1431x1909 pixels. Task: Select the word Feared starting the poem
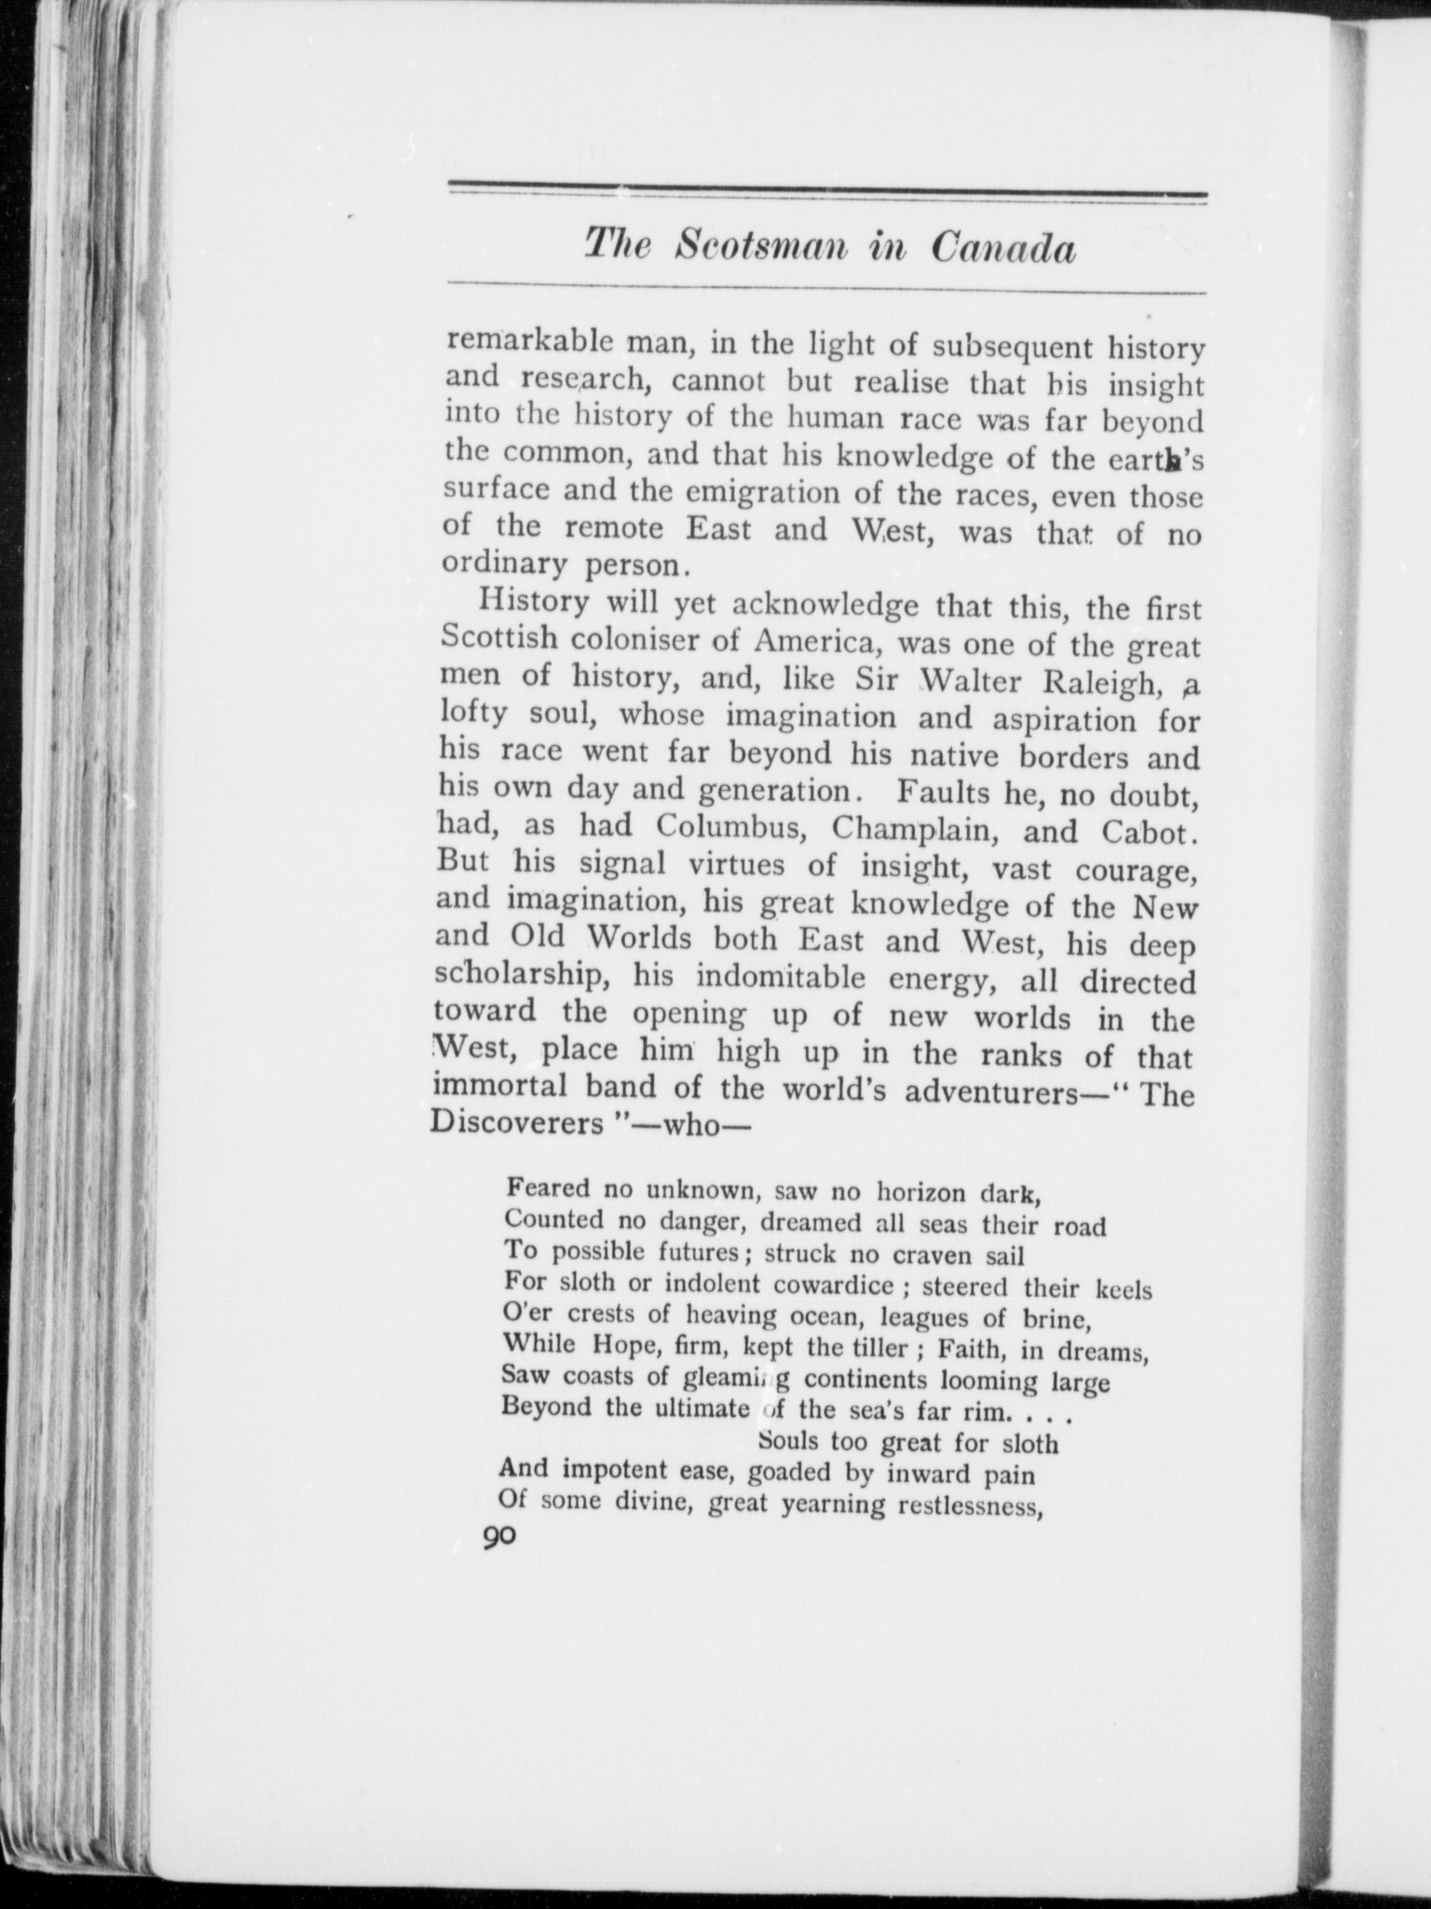(x=549, y=1188)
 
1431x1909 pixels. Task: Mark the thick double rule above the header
(x=827, y=193)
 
